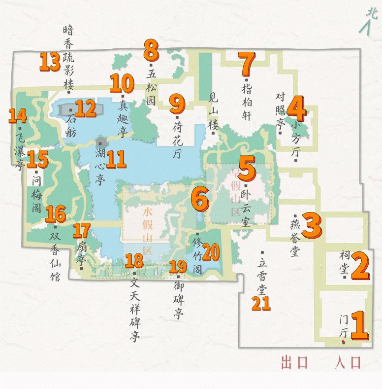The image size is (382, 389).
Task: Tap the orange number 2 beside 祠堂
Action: click(359, 266)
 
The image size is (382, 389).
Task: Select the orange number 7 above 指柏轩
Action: click(247, 63)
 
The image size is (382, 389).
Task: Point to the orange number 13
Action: click(49, 62)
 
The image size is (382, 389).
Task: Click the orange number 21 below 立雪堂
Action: click(261, 302)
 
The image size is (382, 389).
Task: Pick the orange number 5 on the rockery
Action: click(247, 169)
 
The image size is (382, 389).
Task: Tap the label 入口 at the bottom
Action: click(348, 363)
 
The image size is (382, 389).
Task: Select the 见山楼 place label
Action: click(213, 112)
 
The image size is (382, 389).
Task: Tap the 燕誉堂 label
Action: click(295, 237)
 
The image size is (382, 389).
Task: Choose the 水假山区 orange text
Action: click(146, 230)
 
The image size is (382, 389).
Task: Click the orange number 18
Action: click(134, 260)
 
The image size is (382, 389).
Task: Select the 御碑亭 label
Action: click(177, 299)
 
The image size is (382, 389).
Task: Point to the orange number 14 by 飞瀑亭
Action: click(17, 116)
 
